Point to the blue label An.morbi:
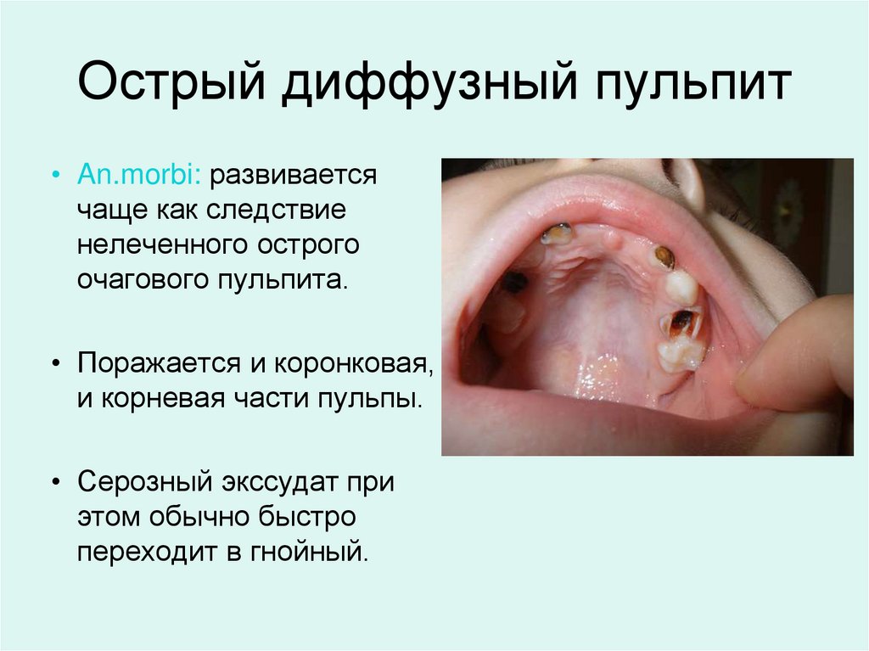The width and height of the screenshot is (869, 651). pos(138,176)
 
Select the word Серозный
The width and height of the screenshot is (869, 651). pos(145,483)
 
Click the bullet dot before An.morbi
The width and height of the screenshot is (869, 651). pos(56,177)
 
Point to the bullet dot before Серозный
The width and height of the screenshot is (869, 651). pos(56,484)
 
